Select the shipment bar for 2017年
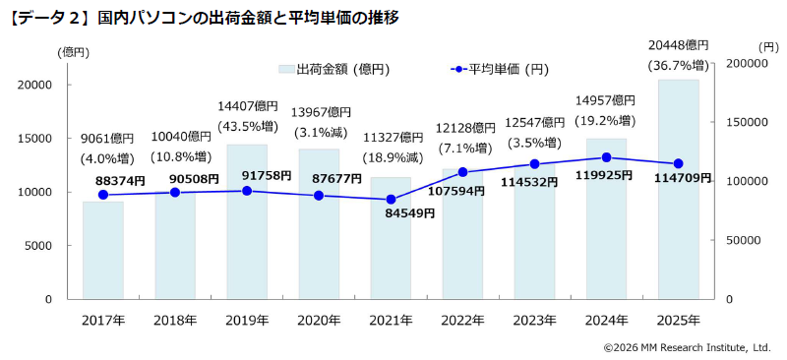[x=103, y=250]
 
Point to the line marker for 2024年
[x=607, y=157]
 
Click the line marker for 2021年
[x=391, y=200]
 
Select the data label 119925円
[x=607, y=176]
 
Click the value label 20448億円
[x=679, y=45]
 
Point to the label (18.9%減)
[x=391, y=157]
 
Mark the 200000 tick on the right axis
[x=746, y=63]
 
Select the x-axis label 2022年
[x=463, y=320]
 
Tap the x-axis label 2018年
[x=175, y=320]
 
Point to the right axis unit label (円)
[x=768, y=45]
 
